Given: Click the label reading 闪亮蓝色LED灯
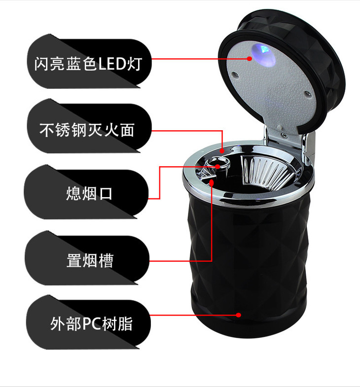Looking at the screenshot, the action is (88, 64).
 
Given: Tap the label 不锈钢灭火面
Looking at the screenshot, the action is (87, 130).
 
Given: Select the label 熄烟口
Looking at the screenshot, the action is (89, 193).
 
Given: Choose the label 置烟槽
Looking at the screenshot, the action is (90, 260).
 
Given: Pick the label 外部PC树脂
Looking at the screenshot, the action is (91, 323).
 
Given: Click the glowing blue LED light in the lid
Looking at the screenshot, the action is (263, 54).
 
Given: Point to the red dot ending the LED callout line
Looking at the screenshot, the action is (250, 59).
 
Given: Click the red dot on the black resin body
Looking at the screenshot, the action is (238, 315).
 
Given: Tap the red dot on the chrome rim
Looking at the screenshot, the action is (222, 150).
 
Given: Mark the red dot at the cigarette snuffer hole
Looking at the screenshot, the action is (217, 167).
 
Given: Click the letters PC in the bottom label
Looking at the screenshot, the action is (92, 324).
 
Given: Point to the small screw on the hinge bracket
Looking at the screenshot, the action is (284, 135).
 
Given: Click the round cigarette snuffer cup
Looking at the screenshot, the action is (218, 165).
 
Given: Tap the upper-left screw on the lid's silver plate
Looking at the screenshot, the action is (235, 74).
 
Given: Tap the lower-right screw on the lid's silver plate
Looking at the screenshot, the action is (307, 94).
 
